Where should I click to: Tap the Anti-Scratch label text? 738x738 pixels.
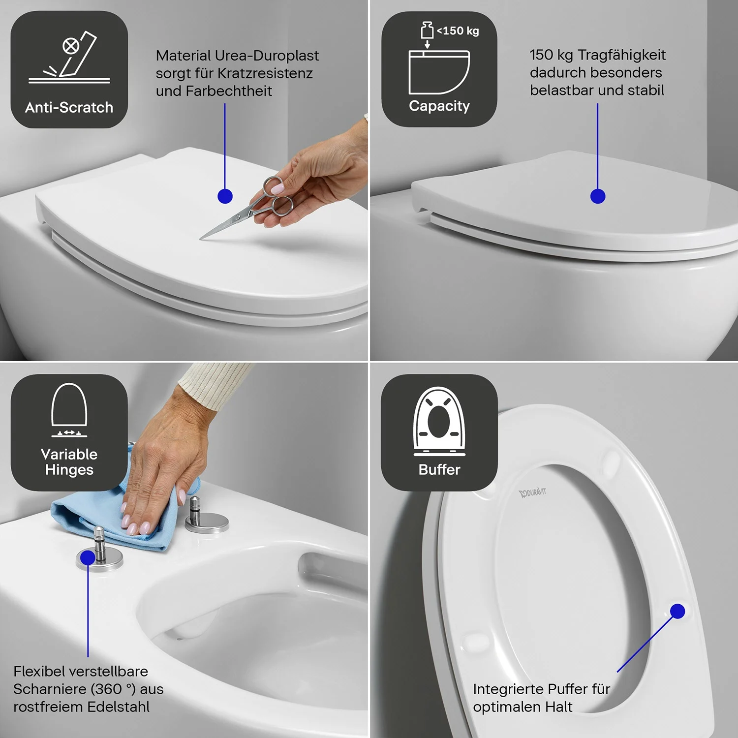point(69,107)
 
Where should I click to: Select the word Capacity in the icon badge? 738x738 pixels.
point(439,106)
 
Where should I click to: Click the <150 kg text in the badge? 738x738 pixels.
point(458,31)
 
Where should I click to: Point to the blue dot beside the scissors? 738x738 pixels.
point(225,196)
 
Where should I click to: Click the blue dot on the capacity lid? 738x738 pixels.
point(598,196)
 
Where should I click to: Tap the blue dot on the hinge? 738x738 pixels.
point(88,557)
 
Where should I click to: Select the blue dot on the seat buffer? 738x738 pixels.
point(677,611)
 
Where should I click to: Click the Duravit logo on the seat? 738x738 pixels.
point(533,492)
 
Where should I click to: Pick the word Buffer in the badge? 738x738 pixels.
point(439,469)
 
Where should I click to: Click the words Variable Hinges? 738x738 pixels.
point(69,461)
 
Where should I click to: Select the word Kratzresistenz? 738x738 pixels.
point(265,73)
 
